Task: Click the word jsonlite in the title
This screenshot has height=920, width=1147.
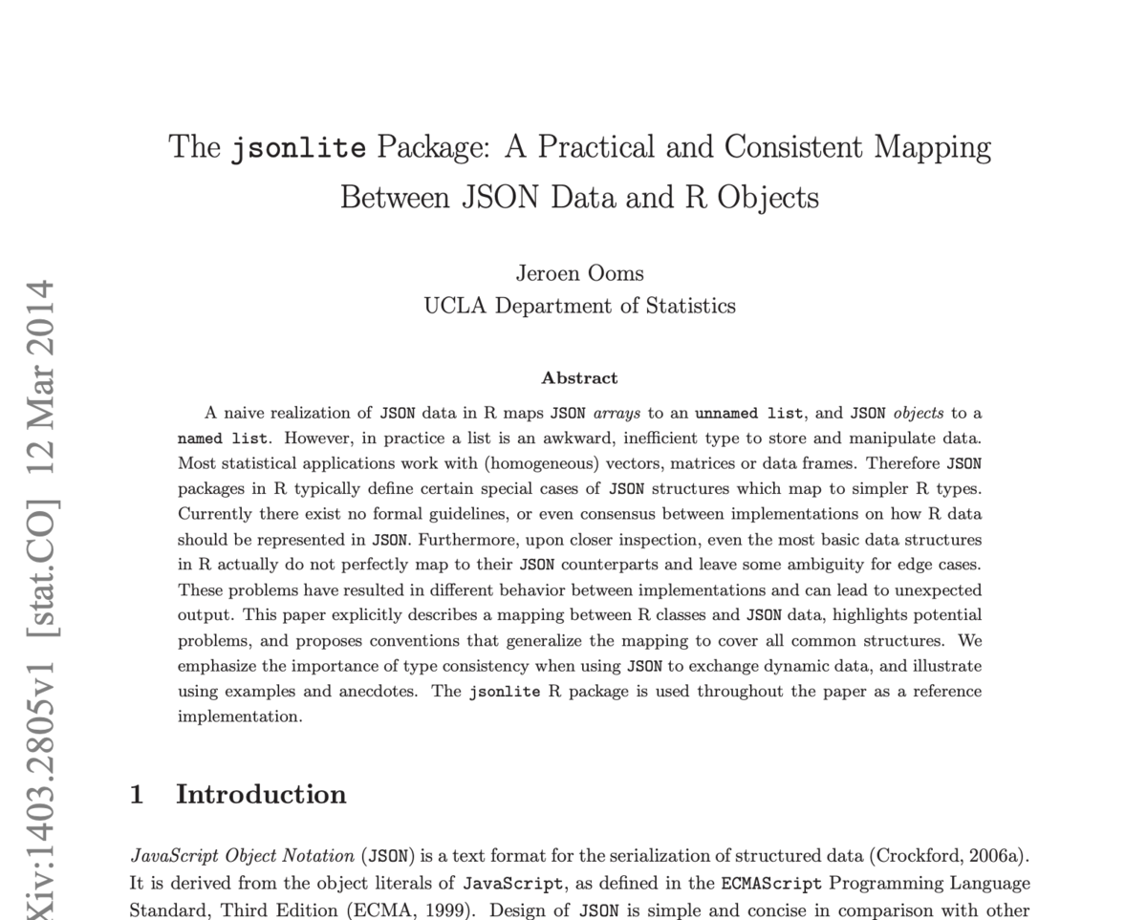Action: [298, 148]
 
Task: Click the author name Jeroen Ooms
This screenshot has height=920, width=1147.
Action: [579, 273]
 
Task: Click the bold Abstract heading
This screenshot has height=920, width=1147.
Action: [579, 378]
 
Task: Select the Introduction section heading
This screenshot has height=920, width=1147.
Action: [261, 795]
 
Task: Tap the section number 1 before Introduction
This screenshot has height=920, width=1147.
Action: [137, 795]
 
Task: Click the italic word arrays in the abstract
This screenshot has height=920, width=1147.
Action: [617, 414]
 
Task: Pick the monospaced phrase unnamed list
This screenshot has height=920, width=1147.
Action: [748, 414]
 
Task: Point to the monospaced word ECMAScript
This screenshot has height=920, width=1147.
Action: [771, 884]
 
